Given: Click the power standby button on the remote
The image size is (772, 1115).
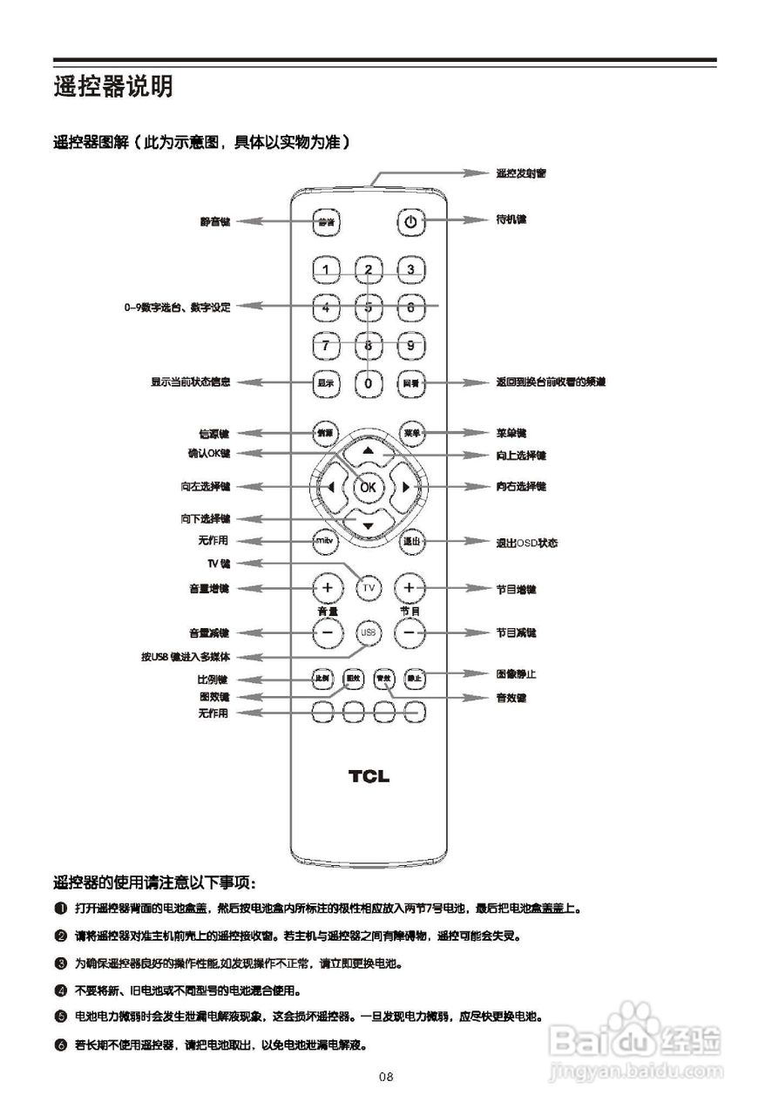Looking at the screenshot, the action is [410, 222].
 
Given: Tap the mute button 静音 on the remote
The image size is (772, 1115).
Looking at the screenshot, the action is [326, 222].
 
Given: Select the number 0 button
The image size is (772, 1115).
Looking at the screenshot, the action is [369, 382].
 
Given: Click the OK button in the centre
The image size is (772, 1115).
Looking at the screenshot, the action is [369, 487].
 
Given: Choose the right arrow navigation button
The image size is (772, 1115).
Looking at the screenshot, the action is [406, 487].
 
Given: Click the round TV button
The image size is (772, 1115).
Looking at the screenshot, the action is [369, 588].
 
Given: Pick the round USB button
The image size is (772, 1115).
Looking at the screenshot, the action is [369, 632].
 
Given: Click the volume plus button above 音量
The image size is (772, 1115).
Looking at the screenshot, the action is [327, 588].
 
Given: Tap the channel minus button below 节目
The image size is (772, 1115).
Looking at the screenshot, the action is [411, 632].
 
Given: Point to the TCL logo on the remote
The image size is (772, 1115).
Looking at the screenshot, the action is [369, 776].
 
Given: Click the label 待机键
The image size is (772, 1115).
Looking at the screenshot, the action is [511, 220].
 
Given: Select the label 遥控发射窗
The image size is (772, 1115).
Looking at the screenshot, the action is [521, 173].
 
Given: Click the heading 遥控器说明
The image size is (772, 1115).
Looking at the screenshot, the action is [113, 87].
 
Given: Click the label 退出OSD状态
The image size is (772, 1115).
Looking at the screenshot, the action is [526, 543].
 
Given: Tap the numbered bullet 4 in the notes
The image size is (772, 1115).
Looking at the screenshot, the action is [60, 990].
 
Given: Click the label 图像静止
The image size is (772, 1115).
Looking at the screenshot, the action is [517, 673].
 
